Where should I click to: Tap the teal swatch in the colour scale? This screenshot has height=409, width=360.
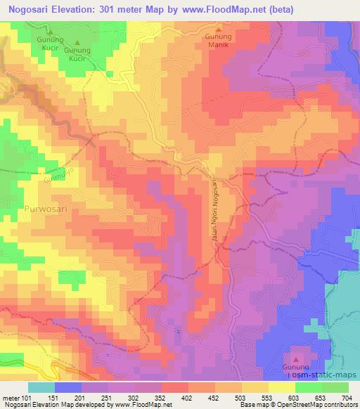pos(42,387)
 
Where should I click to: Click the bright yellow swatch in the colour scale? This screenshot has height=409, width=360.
pos(282,387)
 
